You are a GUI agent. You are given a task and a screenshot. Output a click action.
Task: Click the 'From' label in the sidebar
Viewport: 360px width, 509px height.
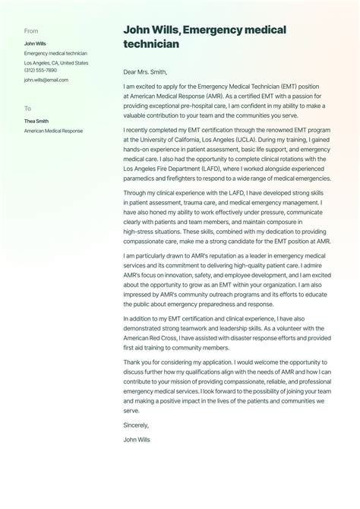pyautogui.click(x=31, y=31)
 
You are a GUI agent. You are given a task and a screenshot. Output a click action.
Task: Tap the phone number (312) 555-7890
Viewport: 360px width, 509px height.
pyautogui.click(x=40, y=71)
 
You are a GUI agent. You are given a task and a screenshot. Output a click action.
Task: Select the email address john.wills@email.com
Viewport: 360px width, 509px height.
pyautogui.click(x=46, y=80)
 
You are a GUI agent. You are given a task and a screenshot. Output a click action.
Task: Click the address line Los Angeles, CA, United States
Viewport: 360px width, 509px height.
pyautogui.click(x=56, y=63)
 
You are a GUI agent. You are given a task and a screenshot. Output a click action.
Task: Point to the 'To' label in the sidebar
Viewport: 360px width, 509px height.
pyautogui.click(x=28, y=109)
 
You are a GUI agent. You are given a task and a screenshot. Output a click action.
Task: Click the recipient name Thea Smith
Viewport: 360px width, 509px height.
pyautogui.click(x=36, y=122)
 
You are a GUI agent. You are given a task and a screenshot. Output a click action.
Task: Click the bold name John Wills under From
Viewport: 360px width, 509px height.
pyautogui.click(x=35, y=44)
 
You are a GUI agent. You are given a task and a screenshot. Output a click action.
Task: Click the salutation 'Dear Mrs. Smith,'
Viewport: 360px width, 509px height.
pyautogui.click(x=146, y=73)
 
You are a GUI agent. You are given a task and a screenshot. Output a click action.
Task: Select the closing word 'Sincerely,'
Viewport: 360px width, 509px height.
pyautogui.click(x=136, y=425)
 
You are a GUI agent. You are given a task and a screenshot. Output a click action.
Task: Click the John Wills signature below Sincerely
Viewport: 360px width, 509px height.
pyautogui.click(x=137, y=439)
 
